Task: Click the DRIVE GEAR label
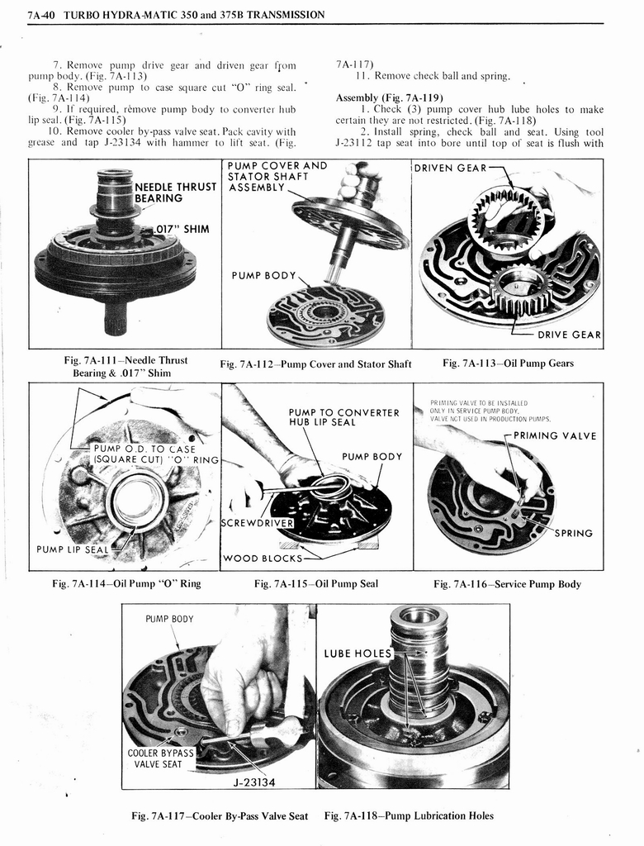(569, 335)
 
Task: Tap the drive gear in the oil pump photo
(520, 291)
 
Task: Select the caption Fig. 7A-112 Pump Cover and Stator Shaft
(315, 364)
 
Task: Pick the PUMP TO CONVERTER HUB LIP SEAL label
(343, 417)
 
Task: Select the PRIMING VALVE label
(554, 436)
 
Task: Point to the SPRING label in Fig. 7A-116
(573, 533)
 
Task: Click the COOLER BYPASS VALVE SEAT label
(160, 758)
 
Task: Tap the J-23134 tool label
(253, 782)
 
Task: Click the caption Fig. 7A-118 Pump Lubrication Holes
(409, 815)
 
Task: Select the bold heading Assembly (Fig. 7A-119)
(390, 97)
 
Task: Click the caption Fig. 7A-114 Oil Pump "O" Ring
(126, 584)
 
